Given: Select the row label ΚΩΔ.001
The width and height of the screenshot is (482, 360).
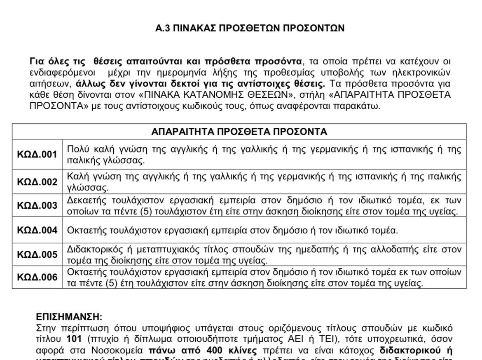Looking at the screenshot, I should point(37,155).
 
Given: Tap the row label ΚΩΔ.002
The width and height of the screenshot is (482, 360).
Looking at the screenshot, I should point(37,182).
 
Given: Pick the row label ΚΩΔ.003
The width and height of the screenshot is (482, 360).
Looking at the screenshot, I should point(37,206).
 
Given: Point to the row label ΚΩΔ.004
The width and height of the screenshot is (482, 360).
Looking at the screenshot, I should point(37,230).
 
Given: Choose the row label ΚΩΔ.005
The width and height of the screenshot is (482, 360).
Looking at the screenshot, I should point(37,254).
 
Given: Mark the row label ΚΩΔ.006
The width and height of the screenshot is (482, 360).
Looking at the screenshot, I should point(37,278).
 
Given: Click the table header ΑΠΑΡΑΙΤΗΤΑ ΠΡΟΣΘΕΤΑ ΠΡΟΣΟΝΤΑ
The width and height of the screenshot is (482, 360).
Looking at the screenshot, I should point(239,132).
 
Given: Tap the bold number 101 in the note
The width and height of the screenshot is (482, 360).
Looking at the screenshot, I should point(74,339).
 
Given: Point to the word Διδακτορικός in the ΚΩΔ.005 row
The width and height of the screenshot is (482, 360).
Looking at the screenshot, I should point(91,249).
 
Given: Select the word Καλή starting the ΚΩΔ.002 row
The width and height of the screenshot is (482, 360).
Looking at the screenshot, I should point(75,177).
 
